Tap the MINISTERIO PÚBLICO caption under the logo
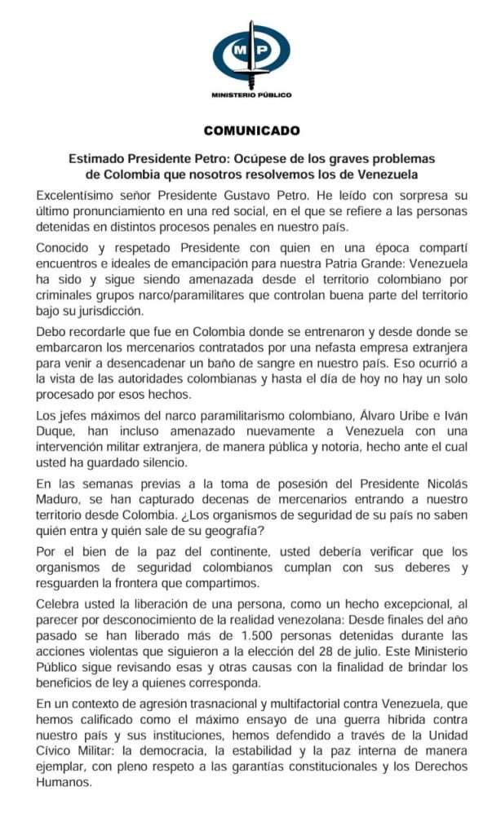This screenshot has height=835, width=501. point(250,95)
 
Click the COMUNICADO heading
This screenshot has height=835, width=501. point(251,130)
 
